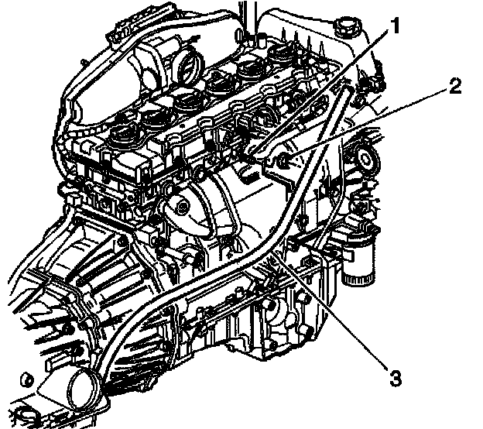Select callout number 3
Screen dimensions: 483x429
click(395, 379)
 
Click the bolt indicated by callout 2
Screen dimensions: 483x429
click(284, 160)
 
